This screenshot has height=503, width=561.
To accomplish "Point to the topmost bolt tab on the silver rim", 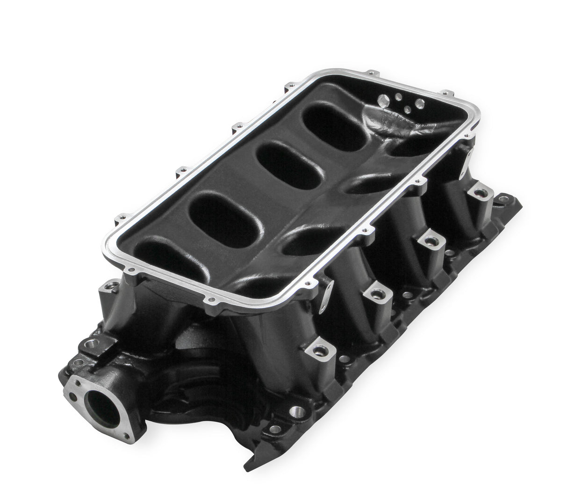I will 372,73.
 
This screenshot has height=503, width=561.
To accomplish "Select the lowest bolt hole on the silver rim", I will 213,299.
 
